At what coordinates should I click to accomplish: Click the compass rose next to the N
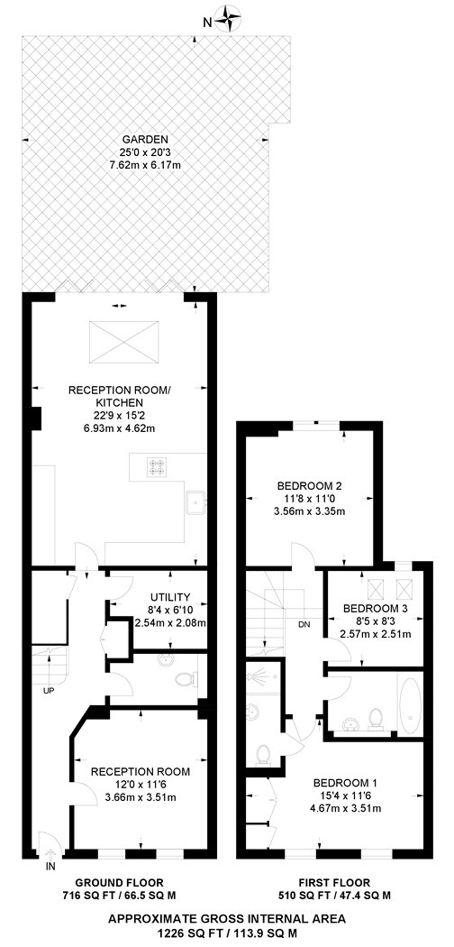[228, 18]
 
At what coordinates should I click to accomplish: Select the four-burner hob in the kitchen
[156, 466]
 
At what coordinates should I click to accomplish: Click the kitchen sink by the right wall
[196, 501]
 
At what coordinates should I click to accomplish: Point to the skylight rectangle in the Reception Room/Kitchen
[124, 343]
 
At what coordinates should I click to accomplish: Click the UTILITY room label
[170, 596]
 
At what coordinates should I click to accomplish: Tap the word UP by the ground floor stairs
[49, 691]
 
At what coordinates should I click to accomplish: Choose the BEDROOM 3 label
[376, 608]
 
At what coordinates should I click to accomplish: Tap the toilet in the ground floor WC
[186, 679]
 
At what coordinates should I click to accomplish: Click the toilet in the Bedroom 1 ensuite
[263, 754]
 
